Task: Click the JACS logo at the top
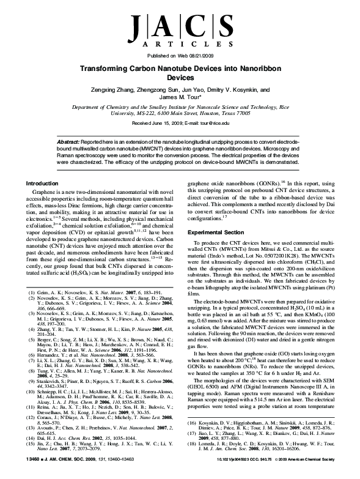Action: coord(180,28)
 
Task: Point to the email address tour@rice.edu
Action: coord(212,122)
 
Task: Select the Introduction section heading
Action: coord(45,184)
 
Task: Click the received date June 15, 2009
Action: coord(162,122)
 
